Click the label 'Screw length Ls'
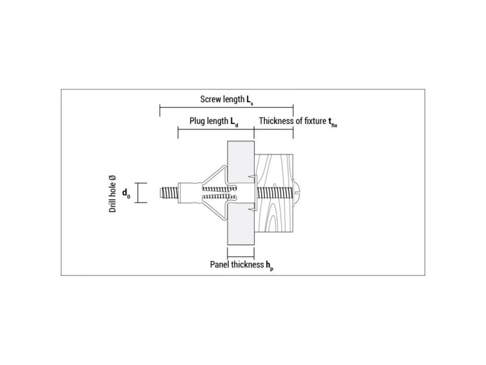[227, 100]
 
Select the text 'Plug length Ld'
[214, 121]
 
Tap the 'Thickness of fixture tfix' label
[298, 121]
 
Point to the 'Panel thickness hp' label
[242, 265]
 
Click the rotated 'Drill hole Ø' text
[112, 194]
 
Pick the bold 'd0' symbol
[126, 193]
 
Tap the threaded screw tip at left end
[169, 193]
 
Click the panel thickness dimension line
[241, 257]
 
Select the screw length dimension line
[227, 107]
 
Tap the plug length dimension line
[216, 129]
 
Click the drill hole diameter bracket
[141, 193]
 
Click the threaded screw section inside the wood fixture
[275, 193]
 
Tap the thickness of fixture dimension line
[274, 129]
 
